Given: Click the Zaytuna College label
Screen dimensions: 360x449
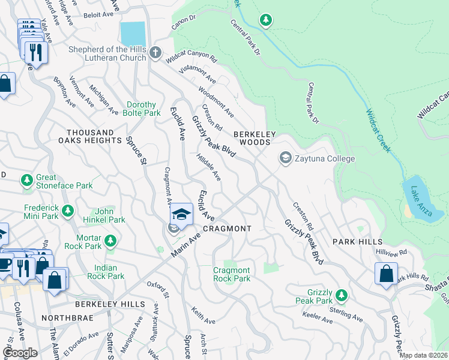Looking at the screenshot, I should click(325, 158).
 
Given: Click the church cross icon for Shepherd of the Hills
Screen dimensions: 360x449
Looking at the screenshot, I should click(155, 52).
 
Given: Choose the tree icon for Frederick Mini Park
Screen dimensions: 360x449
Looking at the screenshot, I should click(68, 211).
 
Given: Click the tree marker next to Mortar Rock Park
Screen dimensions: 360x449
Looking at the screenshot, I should click(110, 241).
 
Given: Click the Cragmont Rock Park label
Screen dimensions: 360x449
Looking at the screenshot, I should click(232, 274).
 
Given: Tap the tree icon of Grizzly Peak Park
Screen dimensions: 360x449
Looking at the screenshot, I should click(341, 295).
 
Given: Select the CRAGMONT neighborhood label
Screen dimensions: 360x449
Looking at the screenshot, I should click(226, 229).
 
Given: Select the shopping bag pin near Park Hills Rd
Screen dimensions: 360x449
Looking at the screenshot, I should click(385, 273).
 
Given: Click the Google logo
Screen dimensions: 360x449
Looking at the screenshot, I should click(20, 353).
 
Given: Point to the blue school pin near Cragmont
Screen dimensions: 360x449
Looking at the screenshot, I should click(181, 214).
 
